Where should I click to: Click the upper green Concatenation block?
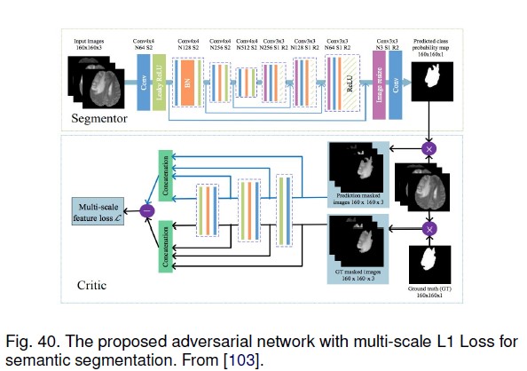point(165,171)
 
